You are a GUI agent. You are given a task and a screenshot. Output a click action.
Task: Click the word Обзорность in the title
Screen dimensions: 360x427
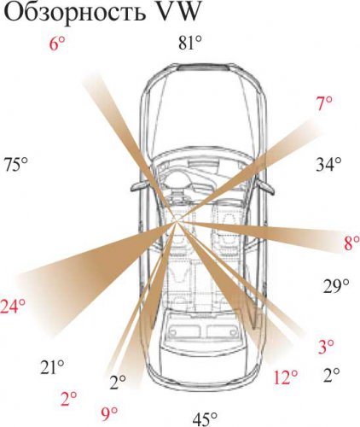pos(73,12)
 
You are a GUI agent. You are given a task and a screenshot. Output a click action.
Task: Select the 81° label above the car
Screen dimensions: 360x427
pos(190,44)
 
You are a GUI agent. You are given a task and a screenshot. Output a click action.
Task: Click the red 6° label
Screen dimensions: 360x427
pos(57,44)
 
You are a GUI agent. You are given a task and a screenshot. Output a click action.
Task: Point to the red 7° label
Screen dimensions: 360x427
pos(324,103)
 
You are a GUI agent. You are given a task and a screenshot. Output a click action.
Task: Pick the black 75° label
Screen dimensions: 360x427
pos(15,165)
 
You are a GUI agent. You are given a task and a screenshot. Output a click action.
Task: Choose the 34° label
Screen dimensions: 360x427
pos(328,165)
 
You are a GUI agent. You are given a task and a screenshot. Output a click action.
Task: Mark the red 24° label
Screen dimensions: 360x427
pos(13,307)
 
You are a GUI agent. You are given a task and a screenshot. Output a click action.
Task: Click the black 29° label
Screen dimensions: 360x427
pos(336,286)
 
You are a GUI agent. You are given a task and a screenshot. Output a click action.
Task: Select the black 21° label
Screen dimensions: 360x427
pos(52,367)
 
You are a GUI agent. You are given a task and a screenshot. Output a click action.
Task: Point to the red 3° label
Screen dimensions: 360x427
pos(326,347)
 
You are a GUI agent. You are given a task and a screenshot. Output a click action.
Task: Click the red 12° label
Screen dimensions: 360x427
pos(286,377)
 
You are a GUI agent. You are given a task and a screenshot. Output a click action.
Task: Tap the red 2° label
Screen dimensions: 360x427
pos(69,399)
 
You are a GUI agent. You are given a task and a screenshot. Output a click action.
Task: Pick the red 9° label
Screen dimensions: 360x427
pos(109,414)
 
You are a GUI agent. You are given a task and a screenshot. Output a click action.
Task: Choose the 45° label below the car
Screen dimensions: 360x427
pos(205,419)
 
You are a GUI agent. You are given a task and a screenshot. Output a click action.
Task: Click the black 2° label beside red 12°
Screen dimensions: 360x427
pos(332,375)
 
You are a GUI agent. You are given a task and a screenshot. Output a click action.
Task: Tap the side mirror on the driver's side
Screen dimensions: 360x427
pos(139,186)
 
